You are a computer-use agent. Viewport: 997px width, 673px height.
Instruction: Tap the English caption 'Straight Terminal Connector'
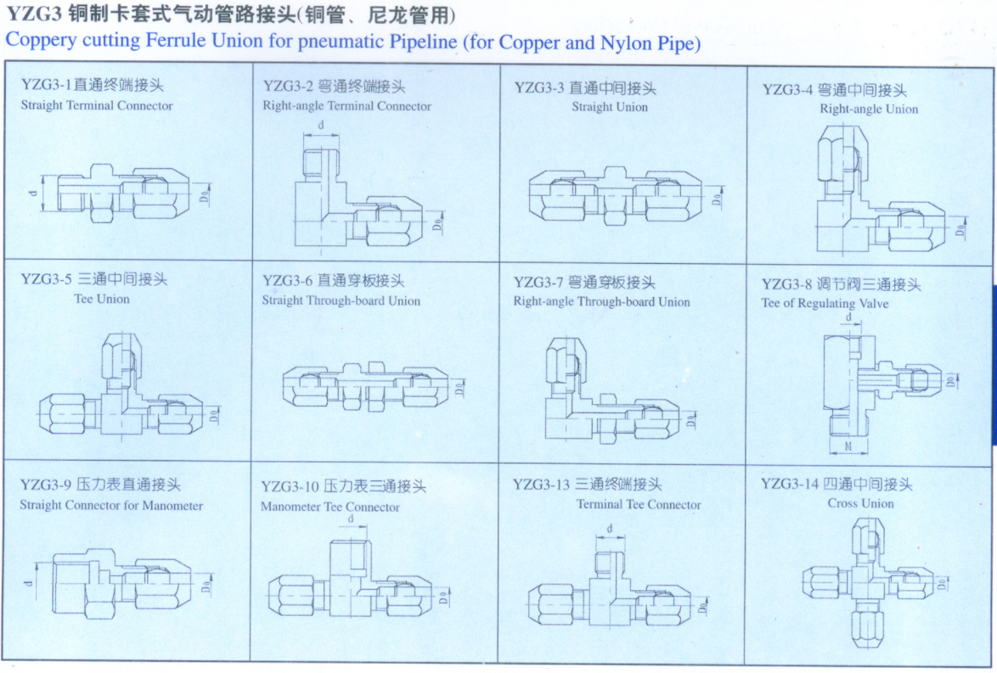(x=96, y=106)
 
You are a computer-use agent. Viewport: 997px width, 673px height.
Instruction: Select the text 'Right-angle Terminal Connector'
(x=346, y=106)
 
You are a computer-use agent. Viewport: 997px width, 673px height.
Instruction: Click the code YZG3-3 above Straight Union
(x=538, y=87)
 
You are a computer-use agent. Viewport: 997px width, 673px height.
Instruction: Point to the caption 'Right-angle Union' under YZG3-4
(x=868, y=109)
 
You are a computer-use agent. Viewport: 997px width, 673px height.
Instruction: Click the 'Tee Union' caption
(x=102, y=299)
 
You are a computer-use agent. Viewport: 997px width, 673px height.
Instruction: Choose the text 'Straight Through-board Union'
(x=341, y=300)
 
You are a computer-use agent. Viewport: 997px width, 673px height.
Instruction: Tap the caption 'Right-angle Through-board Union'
(x=601, y=301)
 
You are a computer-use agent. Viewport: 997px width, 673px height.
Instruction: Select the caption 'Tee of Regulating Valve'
(x=825, y=303)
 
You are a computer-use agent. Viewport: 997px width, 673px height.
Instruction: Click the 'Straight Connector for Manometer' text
(x=111, y=505)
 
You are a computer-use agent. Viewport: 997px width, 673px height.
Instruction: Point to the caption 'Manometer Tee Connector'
(x=330, y=507)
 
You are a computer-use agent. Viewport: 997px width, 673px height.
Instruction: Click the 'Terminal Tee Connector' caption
(x=639, y=504)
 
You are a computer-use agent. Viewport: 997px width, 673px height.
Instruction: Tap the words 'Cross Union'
(x=860, y=503)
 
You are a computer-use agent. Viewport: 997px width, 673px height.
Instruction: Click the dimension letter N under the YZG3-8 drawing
(x=848, y=446)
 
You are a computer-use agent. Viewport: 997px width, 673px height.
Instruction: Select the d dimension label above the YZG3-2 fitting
(x=321, y=126)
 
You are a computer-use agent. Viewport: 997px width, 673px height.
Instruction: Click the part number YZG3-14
(x=789, y=484)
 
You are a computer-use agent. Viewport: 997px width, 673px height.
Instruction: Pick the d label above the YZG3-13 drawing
(x=610, y=529)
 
